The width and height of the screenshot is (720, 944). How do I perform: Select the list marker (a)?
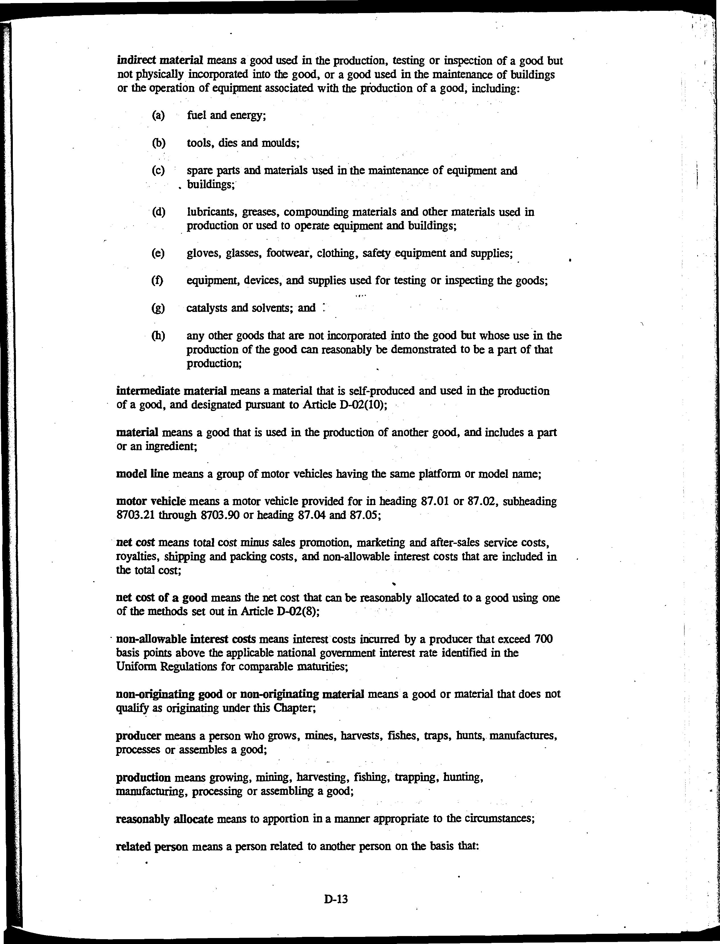pos(158,115)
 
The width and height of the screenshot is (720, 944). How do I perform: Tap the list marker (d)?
pos(158,212)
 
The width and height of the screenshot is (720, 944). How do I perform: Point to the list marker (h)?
pos(158,336)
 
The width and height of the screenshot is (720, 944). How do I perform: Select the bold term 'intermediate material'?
pos(171,391)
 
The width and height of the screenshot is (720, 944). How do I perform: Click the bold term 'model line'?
pos(142,474)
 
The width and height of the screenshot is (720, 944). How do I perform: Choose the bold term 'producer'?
pos(138,736)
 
